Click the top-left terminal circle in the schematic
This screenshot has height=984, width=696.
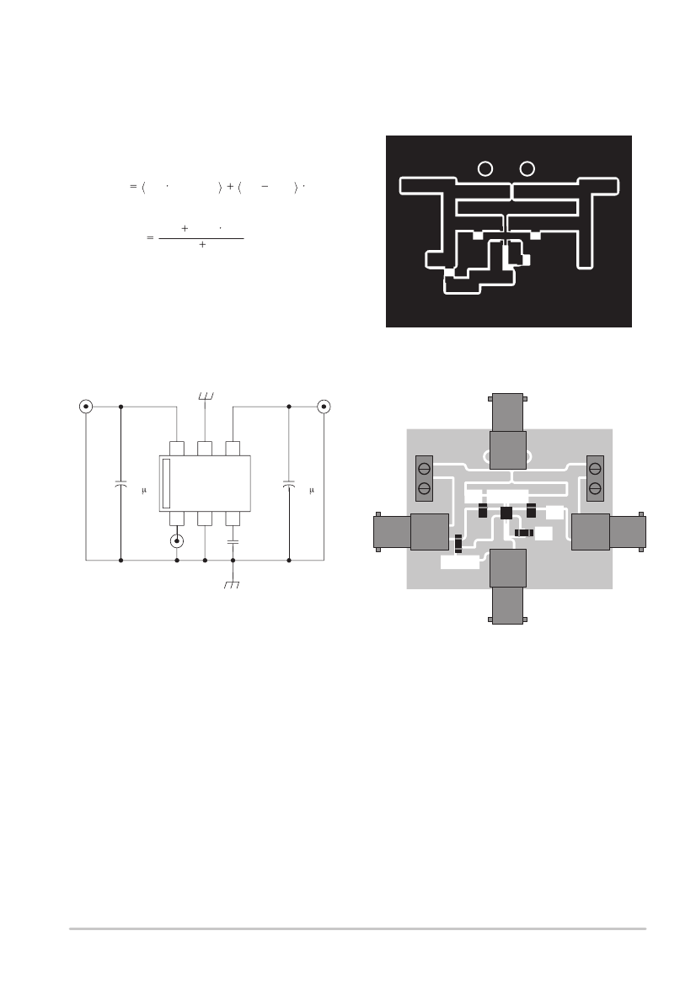tap(86, 407)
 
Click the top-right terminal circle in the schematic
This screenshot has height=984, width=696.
tap(324, 407)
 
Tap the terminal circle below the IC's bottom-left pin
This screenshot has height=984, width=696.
tap(177, 541)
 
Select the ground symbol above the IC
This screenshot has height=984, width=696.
tap(206, 396)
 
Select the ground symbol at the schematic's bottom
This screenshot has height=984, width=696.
tap(232, 585)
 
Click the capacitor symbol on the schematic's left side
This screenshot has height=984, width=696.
tap(120, 484)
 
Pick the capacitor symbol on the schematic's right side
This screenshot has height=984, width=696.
tap(289, 484)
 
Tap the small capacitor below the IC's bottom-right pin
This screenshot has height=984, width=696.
tap(233, 541)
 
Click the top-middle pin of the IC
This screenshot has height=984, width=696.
tap(205, 449)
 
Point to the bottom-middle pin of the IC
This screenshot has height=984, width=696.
tap(205, 519)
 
